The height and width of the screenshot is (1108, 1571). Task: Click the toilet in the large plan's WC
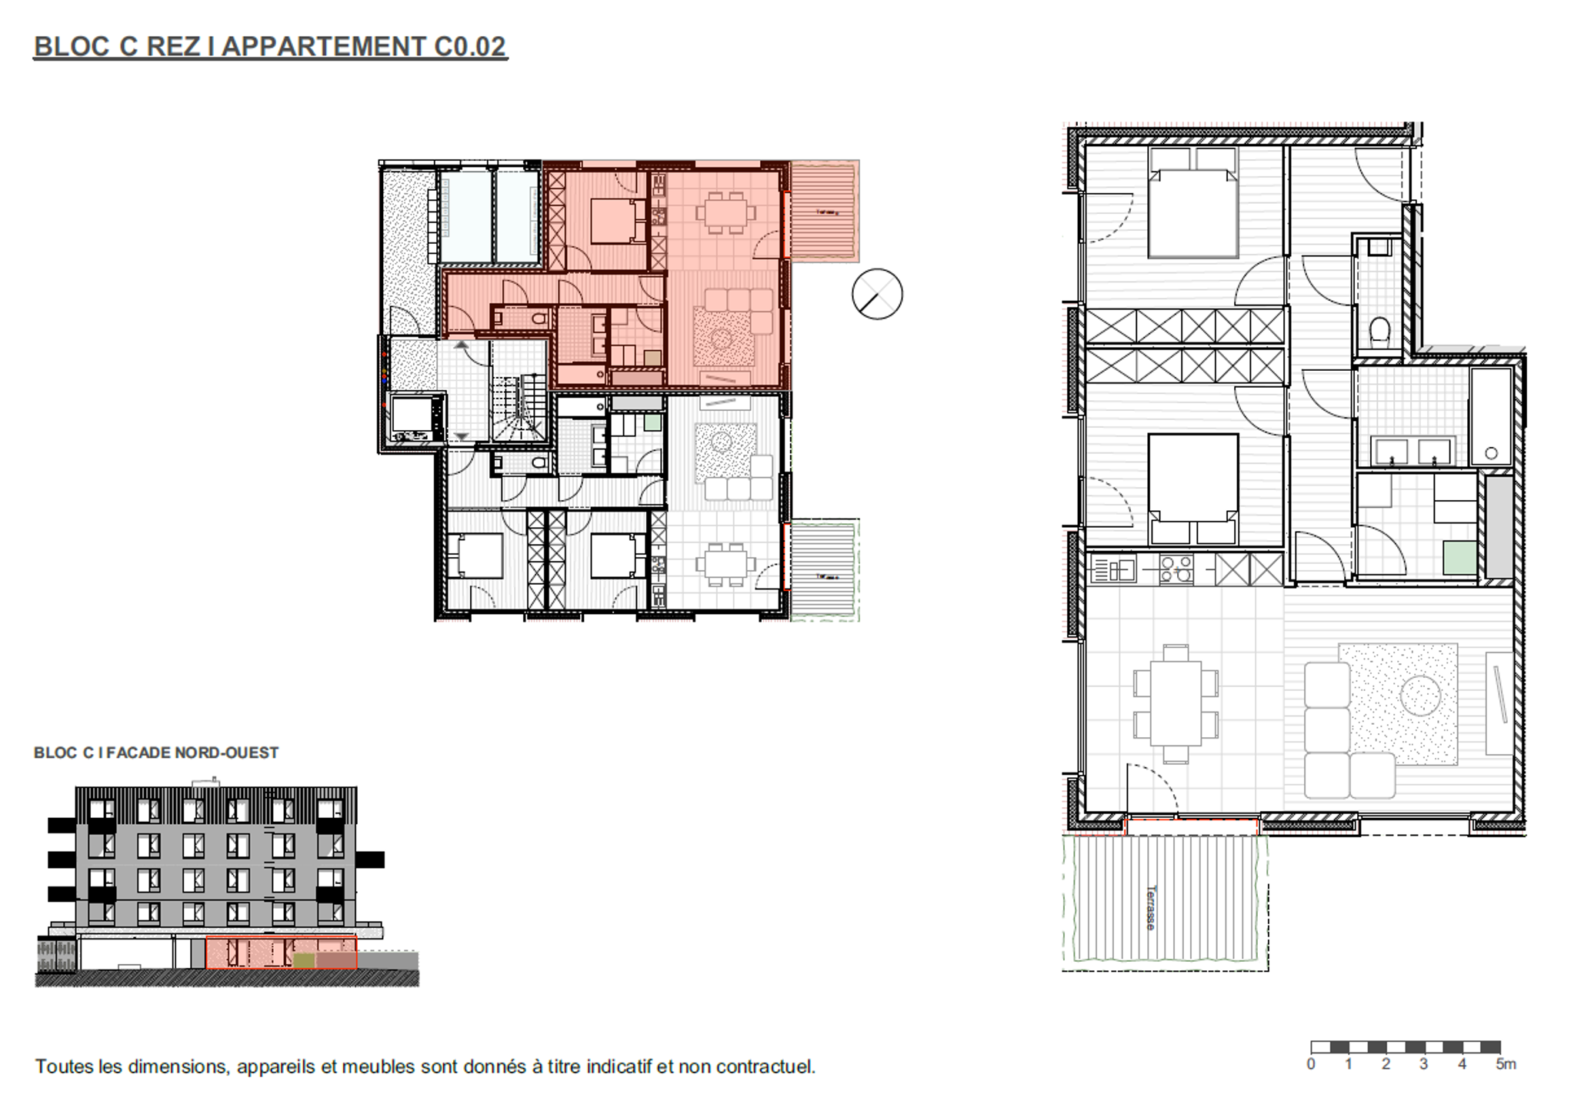[1380, 332]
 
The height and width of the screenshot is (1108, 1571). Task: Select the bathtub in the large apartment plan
[1490, 416]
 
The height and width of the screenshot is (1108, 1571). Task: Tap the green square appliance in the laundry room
[1459, 558]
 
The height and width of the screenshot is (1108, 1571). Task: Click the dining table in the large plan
[1176, 703]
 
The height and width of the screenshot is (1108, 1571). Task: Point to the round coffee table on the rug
[1420, 696]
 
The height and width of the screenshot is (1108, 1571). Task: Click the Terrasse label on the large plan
[1151, 907]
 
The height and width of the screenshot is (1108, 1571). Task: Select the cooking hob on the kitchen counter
[1176, 569]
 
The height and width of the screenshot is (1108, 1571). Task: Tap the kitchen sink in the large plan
[1112, 570]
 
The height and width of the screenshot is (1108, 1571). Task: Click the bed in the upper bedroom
[1192, 204]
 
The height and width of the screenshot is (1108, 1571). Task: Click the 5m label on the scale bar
[1506, 1064]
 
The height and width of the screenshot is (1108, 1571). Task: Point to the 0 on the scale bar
[1311, 1064]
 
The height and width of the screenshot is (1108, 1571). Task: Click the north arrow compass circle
[877, 294]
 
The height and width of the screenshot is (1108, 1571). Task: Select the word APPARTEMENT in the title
[323, 46]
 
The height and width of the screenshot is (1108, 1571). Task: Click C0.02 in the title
[469, 46]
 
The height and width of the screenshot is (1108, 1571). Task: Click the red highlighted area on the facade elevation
[281, 952]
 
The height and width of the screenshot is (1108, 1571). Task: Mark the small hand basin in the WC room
[1379, 248]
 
